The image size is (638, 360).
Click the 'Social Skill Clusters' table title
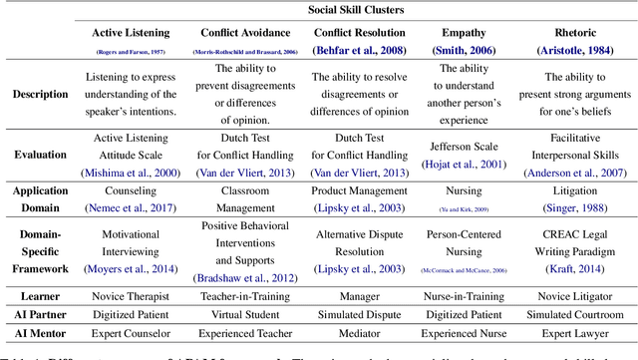click(342, 9)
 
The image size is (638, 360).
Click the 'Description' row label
click(41, 94)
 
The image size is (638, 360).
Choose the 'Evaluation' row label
click(41, 155)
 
